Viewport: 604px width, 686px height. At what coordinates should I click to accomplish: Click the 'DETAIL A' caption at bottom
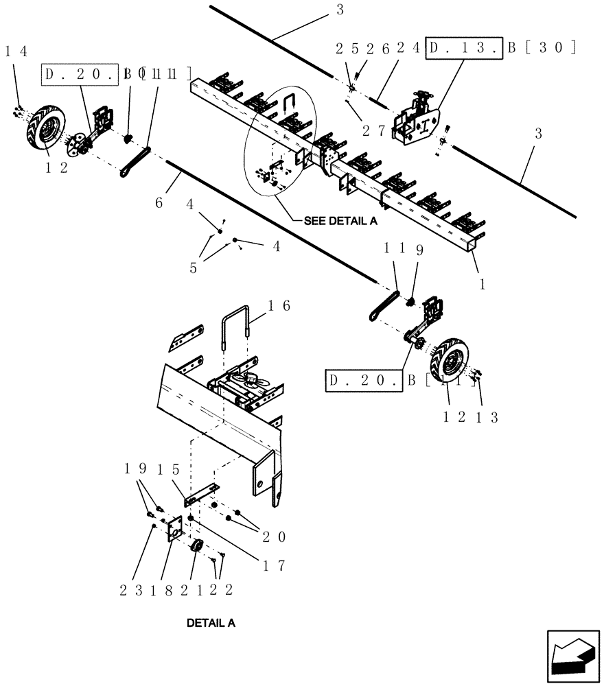coord(211,624)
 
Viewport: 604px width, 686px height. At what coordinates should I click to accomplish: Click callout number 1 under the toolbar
coord(481,282)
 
